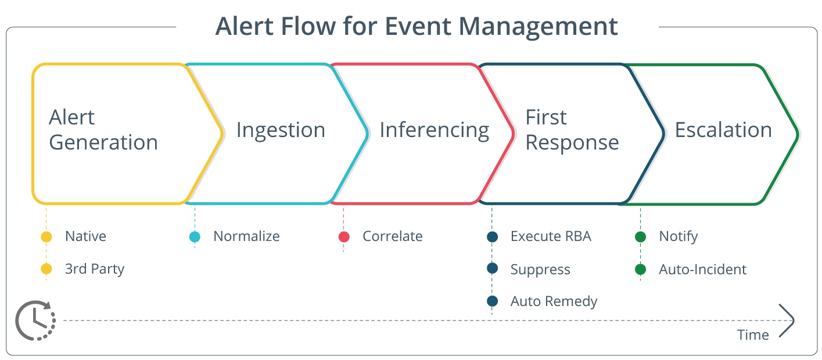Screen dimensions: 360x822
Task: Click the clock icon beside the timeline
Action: point(35,320)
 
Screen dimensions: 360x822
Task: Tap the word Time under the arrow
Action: point(753,335)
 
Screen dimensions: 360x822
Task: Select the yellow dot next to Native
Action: point(46,237)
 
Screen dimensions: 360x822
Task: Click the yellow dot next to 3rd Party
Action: point(46,269)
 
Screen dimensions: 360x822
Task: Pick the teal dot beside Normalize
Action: point(195,237)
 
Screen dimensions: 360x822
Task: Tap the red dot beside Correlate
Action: point(344,237)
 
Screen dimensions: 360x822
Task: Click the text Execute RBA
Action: point(550,236)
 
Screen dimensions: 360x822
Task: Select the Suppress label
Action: point(540,269)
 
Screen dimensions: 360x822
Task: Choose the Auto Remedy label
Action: point(554,301)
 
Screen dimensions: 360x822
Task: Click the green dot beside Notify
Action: point(640,237)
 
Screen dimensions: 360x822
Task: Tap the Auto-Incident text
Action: point(702,269)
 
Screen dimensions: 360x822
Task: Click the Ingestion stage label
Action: point(281,130)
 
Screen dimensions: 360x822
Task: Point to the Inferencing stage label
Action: point(434,130)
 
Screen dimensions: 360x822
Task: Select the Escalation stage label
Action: point(723,130)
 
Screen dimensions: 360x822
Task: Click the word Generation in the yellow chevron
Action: point(103,142)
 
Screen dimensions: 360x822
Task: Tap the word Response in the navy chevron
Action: point(572,142)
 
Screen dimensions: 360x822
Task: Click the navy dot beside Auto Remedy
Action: point(492,301)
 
